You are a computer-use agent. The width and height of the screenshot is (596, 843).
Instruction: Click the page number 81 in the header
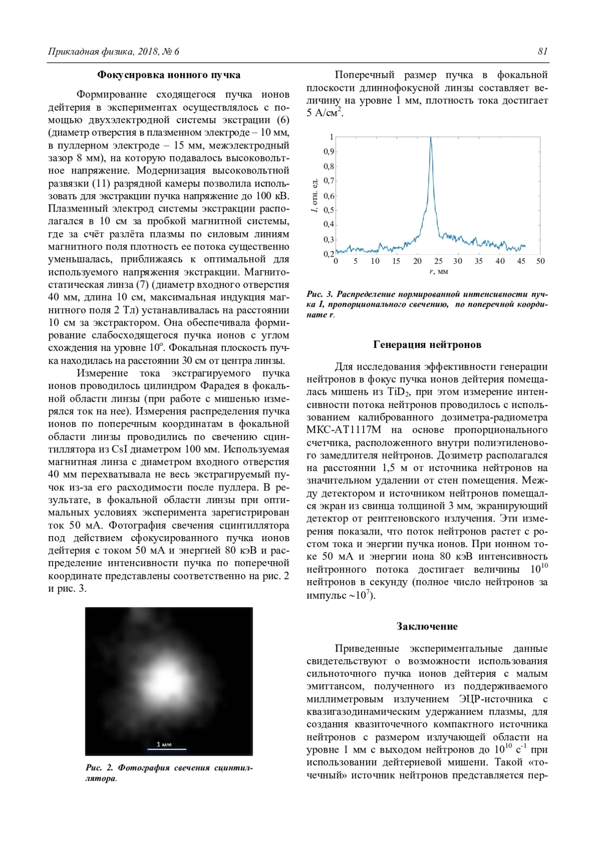(542, 51)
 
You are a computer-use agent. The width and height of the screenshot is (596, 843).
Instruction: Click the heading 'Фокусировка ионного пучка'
(168, 75)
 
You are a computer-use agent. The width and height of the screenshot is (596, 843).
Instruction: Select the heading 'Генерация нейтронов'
(427, 345)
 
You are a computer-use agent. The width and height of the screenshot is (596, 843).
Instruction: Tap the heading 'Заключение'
(427, 626)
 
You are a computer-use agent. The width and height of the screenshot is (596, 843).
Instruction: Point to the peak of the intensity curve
(431, 138)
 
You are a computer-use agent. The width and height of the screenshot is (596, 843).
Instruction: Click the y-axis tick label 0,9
(329, 151)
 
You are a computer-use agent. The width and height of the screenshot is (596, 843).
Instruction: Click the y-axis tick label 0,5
(329, 210)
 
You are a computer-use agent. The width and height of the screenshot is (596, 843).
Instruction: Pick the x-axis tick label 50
(540, 261)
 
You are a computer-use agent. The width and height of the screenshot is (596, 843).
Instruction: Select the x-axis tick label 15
(396, 261)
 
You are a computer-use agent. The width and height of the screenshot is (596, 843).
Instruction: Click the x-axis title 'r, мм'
(438, 272)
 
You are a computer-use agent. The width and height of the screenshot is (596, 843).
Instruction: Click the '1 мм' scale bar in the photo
(164, 746)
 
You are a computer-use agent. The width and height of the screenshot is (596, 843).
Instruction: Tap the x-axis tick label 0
(336, 261)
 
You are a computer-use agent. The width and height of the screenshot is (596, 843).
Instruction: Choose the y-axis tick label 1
(331, 137)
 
